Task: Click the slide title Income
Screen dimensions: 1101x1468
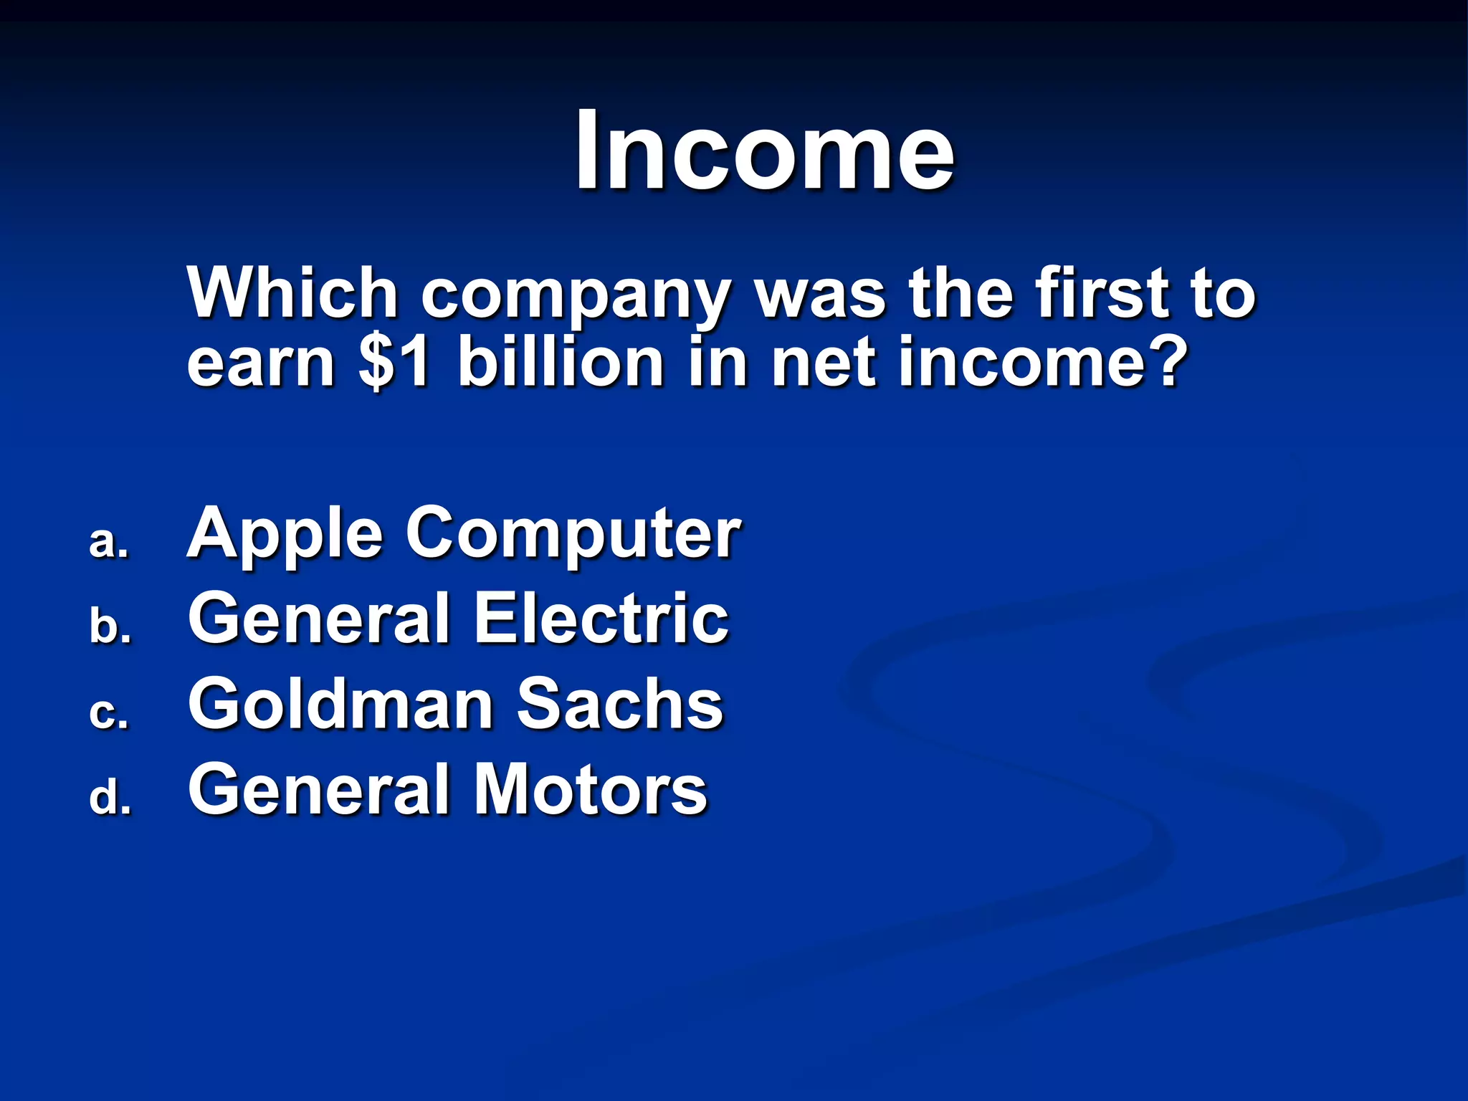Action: [x=764, y=151]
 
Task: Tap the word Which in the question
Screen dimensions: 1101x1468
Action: [x=292, y=292]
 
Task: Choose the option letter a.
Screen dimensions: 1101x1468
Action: [x=109, y=542]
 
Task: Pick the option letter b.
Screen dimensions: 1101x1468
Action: [x=110, y=626]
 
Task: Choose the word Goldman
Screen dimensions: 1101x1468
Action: [x=340, y=704]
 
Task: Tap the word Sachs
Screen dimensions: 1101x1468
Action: [x=620, y=704]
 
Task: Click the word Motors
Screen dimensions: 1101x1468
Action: [x=591, y=788]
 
